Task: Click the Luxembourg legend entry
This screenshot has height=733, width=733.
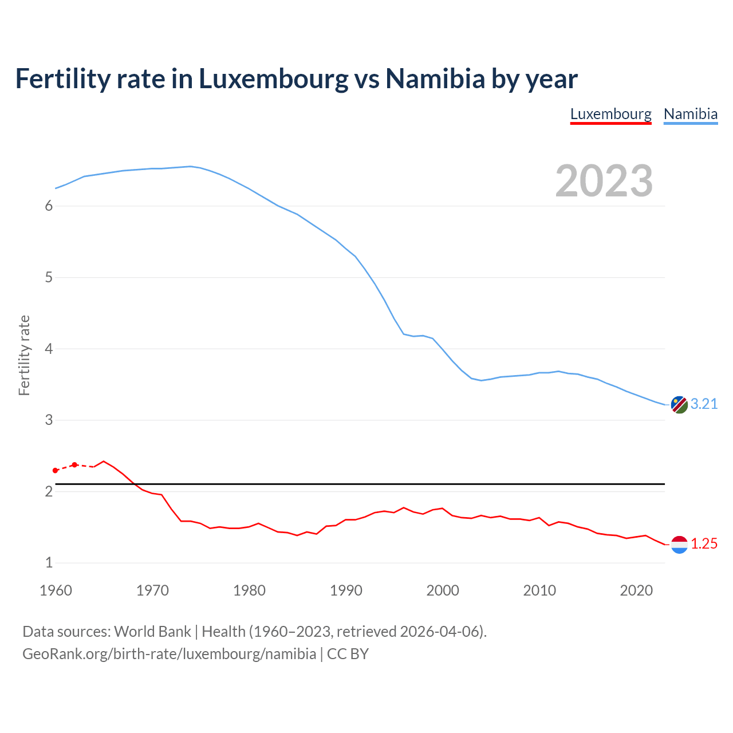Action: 610,114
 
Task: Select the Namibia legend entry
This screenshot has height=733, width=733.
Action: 690,114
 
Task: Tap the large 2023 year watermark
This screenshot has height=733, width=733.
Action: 604,181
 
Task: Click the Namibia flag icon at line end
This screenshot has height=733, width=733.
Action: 679,404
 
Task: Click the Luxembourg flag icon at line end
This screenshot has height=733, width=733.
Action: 679,545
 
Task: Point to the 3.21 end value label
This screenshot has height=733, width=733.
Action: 704,404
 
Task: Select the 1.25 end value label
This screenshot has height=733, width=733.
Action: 704,544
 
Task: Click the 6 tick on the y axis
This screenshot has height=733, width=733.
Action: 49,206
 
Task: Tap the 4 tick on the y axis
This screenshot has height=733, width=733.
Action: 49,349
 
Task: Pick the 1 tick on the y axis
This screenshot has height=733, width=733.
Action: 49,563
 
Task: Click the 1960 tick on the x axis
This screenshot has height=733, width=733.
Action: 56,590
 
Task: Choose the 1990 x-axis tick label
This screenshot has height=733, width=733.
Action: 346,590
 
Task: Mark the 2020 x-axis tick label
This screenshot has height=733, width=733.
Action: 636,590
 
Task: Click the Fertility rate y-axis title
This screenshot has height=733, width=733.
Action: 24,355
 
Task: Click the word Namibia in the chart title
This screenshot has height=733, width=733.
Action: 435,78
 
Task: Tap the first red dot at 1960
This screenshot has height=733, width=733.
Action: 56,471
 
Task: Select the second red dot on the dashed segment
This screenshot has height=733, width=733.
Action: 74,464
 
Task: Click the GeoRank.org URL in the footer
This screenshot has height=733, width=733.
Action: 169,654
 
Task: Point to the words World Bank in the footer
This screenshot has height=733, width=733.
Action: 152,632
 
